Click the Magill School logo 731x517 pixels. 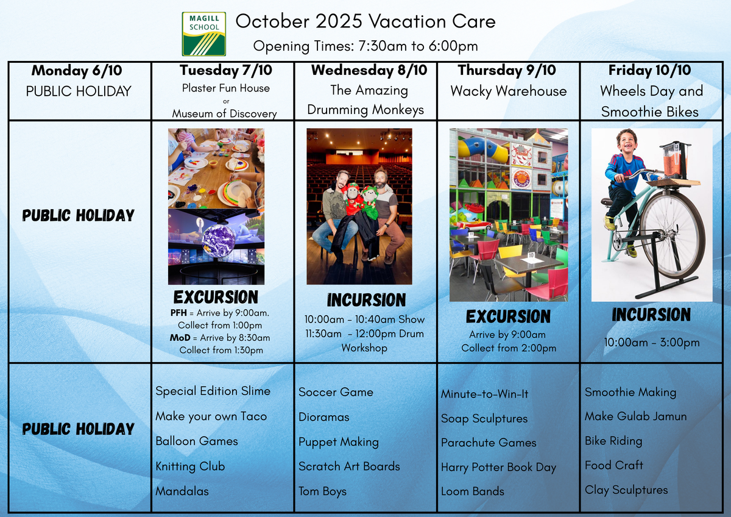coord(204,34)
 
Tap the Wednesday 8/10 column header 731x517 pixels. coord(369,70)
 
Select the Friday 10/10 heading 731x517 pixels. coord(650,70)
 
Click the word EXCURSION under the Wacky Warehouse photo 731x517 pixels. coord(508,316)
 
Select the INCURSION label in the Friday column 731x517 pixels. coord(651,315)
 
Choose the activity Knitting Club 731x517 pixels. coord(190,466)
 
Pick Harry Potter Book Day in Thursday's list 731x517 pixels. coord(498,468)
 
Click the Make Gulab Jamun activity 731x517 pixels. coord(636,416)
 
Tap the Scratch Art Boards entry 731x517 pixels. coord(349,466)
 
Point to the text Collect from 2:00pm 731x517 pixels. coord(509,348)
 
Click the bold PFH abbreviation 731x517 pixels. coord(178,313)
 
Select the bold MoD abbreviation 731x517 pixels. coord(180,338)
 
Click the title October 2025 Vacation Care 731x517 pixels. coord(365,21)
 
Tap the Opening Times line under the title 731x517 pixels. coord(365,46)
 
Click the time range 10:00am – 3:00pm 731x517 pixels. coord(652,343)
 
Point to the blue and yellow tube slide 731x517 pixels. coord(483,149)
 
